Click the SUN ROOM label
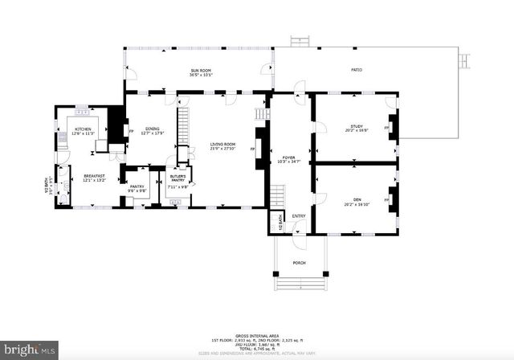201,71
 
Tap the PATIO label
357,71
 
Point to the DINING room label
152,129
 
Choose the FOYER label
288,157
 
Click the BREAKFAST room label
95,176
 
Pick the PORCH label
299,263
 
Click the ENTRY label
299,216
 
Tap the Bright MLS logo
30,350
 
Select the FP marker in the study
387,128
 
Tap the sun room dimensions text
201,76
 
